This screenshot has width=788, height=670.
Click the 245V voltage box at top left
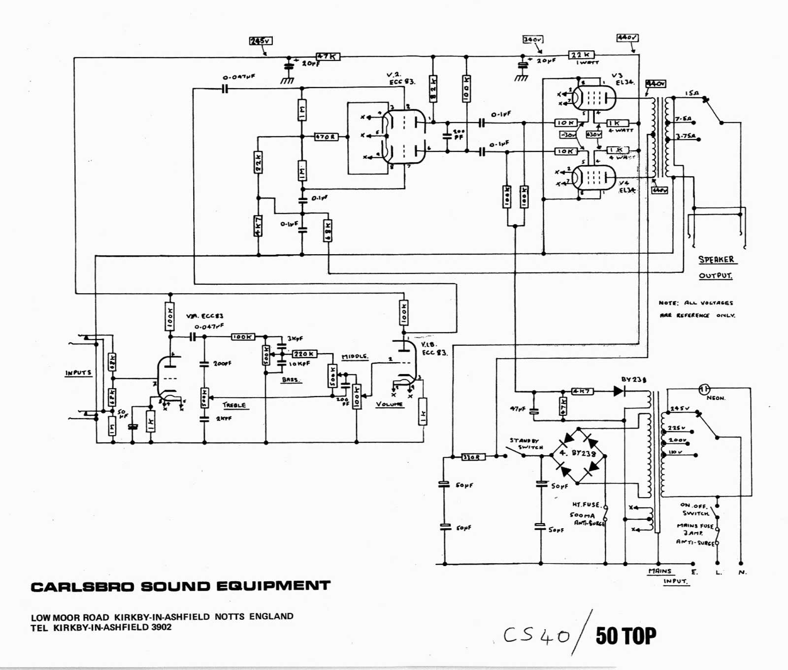point(261,41)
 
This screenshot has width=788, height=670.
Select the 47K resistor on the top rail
point(328,57)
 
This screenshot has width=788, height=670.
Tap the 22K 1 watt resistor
point(581,55)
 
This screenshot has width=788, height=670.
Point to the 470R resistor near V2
point(326,136)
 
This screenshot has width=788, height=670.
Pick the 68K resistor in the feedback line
point(328,231)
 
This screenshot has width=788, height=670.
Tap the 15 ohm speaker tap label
point(691,93)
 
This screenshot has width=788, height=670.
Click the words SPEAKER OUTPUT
point(716,267)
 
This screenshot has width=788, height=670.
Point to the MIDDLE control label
point(355,356)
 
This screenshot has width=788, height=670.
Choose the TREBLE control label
point(234,405)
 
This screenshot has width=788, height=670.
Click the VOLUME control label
point(389,404)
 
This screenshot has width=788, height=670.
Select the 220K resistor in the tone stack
point(305,354)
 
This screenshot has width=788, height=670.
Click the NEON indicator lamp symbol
point(704,389)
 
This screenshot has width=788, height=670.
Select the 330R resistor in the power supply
point(473,457)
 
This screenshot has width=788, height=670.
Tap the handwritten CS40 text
point(536,636)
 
